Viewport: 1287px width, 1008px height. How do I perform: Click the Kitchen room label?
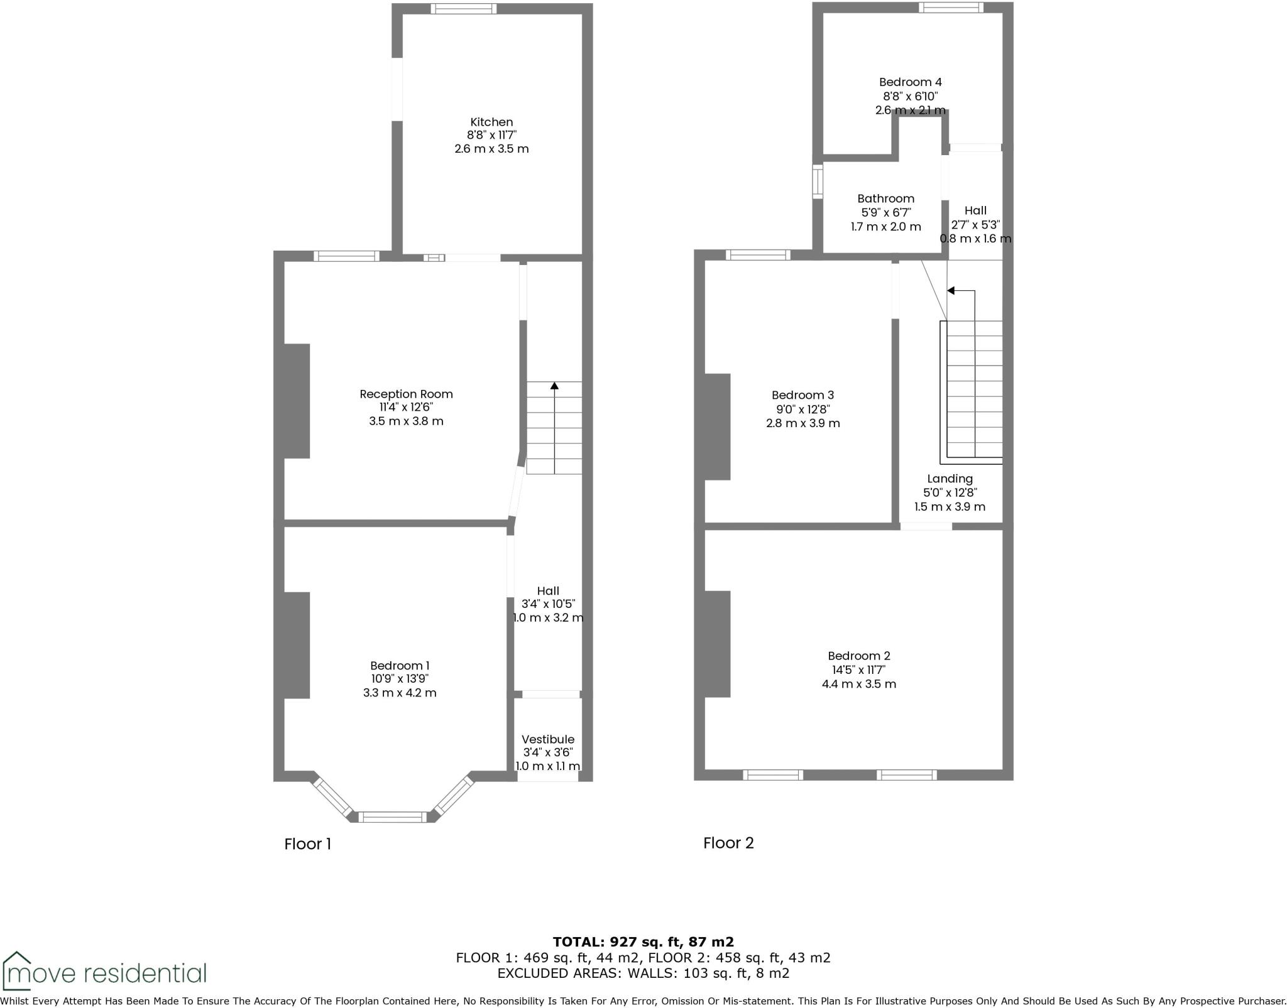[x=491, y=122]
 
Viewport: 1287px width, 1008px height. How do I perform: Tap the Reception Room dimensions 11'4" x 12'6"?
[x=406, y=408]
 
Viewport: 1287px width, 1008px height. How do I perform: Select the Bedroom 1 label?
[x=400, y=666]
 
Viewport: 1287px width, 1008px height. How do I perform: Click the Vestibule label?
[x=548, y=739]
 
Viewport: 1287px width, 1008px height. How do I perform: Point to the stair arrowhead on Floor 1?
[x=554, y=386]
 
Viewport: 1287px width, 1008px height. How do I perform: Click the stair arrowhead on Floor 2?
[x=951, y=291]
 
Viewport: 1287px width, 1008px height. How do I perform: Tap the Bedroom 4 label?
[x=910, y=82]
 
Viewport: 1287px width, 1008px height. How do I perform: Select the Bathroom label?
[x=885, y=198]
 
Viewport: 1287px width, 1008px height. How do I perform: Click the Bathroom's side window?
[x=817, y=182]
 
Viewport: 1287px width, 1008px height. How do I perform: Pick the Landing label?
[x=950, y=479]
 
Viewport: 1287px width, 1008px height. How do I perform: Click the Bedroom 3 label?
[x=802, y=395]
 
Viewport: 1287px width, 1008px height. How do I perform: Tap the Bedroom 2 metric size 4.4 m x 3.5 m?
[x=858, y=684]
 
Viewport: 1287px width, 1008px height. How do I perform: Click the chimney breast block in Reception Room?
[x=297, y=401]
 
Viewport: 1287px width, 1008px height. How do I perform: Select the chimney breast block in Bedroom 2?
[x=718, y=644]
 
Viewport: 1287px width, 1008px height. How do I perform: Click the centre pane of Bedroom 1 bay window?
[x=393, y=816]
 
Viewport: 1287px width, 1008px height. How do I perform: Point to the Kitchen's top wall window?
[x=463, y=9]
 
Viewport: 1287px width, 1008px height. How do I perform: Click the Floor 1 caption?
[x=307, y=844]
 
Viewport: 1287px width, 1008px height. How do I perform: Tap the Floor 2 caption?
[x=728, y=843]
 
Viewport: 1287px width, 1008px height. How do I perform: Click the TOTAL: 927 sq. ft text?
[x=643, y=941]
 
